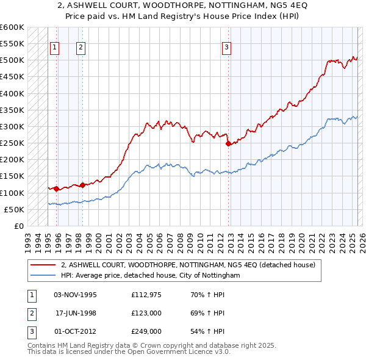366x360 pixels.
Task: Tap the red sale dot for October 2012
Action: pos(228,144)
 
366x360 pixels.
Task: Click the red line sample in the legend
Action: pos(43,265)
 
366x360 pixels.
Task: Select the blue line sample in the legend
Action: pos(43,275)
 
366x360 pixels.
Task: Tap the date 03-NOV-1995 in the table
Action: pos(76,295)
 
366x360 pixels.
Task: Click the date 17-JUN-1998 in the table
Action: pos(76,314)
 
